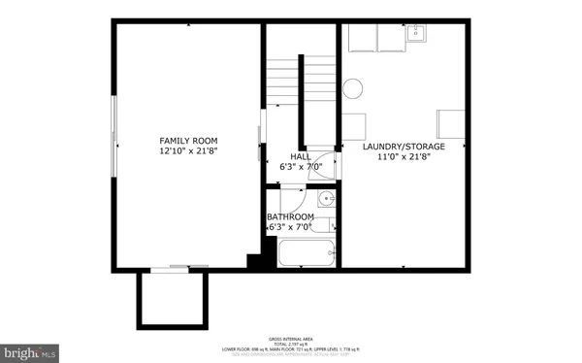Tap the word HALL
[x=301, y=156]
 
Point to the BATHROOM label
[x=291, y=216]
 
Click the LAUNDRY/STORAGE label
[x=403, y=148]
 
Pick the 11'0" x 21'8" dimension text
[x=403, y=158]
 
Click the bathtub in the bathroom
[x=306, y=254]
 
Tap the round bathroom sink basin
[x=328, y=200]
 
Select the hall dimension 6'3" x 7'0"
[x=300, y=167]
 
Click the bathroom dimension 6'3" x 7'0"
[x=289, y=227]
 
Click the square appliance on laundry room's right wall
[x=451, y=124]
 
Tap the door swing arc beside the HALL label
[x=328, y=164]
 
